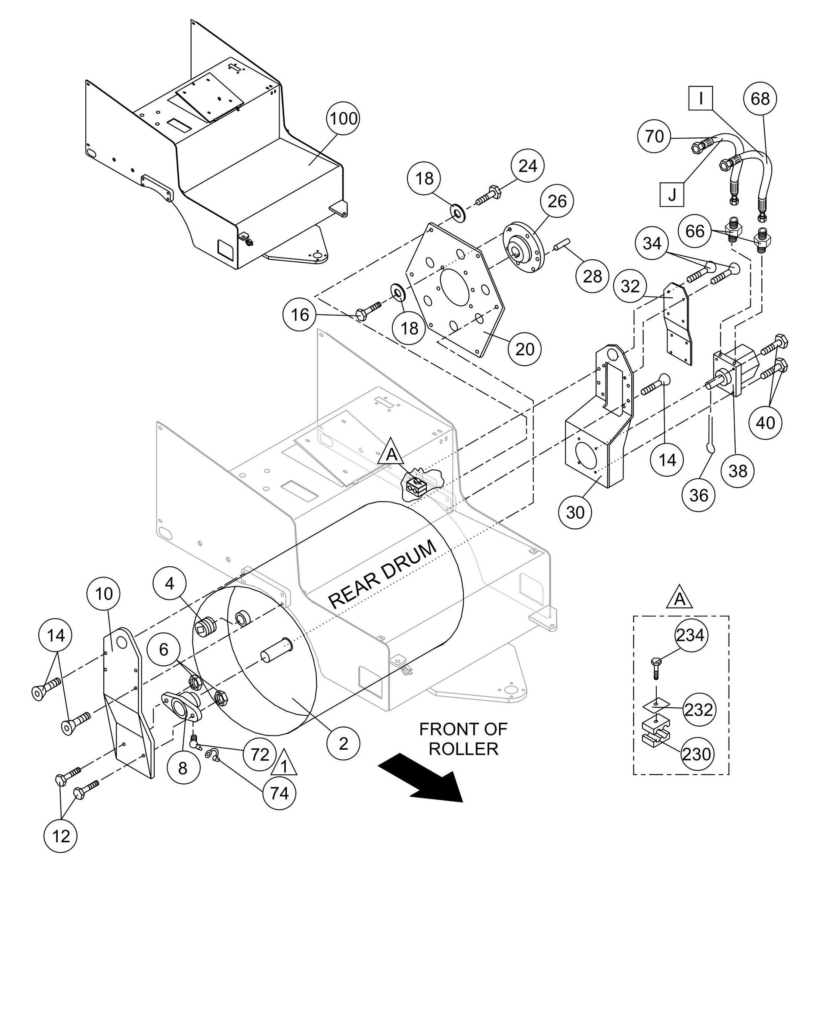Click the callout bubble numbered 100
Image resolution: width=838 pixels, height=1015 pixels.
343,118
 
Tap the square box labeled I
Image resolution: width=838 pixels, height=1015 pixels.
701,99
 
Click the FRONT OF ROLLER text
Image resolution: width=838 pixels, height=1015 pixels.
463,739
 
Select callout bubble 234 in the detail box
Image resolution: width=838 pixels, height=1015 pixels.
690,635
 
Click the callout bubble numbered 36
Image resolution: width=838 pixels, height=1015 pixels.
698,495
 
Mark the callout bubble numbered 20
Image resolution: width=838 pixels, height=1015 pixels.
525,349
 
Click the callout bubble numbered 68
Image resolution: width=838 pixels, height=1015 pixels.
760,99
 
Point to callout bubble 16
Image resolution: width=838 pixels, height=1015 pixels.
299,315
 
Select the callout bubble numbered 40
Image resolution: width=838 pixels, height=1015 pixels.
765,423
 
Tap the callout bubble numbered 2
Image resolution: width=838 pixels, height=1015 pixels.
343,744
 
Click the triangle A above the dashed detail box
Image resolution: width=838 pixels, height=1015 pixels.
679,599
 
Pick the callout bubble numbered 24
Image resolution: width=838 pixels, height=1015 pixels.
528,166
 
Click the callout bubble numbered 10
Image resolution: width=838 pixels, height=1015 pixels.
104,594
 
